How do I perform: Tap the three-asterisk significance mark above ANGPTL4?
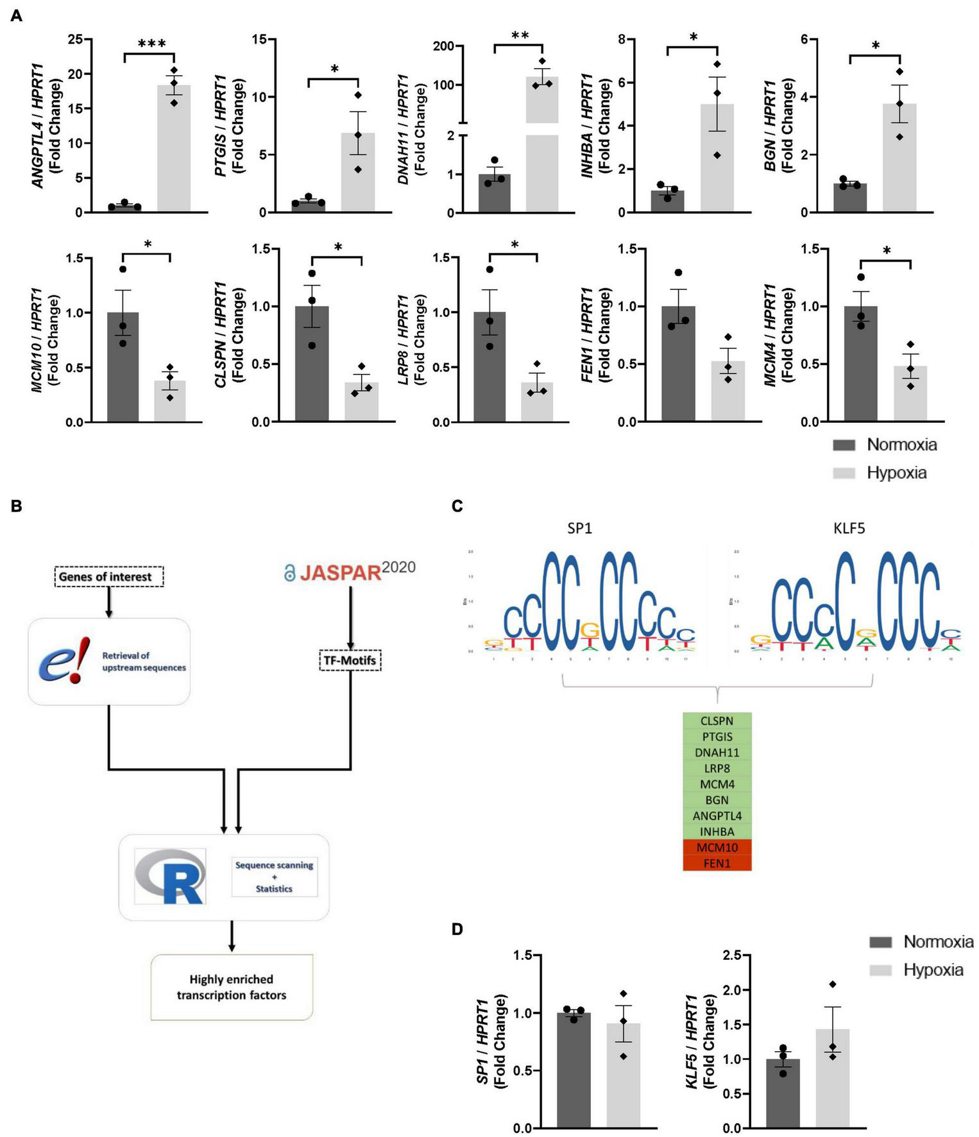[x=152, y=44]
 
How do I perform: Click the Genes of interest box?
[x=105, y=576]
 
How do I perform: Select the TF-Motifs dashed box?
[x=350, y=660]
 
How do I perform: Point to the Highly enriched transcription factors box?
[x=232, y=987]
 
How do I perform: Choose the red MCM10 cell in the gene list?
[x=717, y=848]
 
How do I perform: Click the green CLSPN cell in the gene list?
[x=717, y=721]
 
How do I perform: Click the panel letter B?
[x=17, y=506]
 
